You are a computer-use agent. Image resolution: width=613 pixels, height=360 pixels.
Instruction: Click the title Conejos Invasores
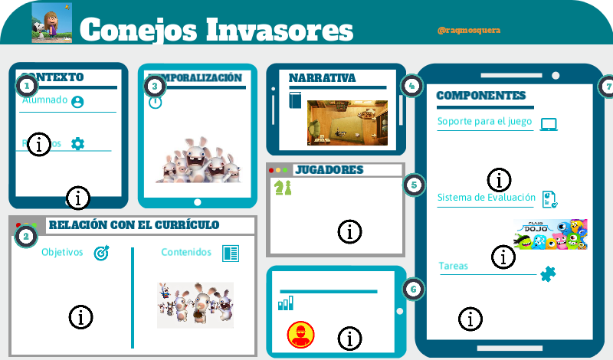[216, 30]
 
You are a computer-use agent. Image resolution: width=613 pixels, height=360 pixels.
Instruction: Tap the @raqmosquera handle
[468, 31]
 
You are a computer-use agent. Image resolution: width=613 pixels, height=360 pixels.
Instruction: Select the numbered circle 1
[26, 85]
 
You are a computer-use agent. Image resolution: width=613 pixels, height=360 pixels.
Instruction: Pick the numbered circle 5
[414, 185]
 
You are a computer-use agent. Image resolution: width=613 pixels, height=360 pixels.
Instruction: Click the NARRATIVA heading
[322, 78]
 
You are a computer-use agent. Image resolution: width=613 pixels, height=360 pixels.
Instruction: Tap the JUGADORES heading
[329, 169]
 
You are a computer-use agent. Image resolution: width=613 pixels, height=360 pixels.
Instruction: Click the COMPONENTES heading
[480, 96]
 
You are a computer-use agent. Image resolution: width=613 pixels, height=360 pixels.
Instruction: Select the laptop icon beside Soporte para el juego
[549, 124]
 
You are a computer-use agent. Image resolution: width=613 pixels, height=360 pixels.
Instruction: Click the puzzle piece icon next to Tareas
[548, 273]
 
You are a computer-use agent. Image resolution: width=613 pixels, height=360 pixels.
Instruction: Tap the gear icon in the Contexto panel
[77, 143]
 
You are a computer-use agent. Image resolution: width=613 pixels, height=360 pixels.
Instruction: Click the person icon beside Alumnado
[77, 101]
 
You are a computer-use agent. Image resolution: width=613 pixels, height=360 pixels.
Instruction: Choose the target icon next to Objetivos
[101, 253]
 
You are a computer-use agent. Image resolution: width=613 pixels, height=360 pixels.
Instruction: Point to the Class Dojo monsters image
[550, 234]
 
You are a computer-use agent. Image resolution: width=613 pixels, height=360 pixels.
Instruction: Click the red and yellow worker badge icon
[300, 335]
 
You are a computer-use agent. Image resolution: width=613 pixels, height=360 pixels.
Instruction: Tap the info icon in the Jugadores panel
[350, 231]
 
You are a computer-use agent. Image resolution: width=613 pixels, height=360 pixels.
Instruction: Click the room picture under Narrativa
[343, 123]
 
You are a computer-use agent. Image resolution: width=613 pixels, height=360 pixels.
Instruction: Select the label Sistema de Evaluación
[486, 198]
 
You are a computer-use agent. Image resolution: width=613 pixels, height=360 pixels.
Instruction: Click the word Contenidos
[186, 252]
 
